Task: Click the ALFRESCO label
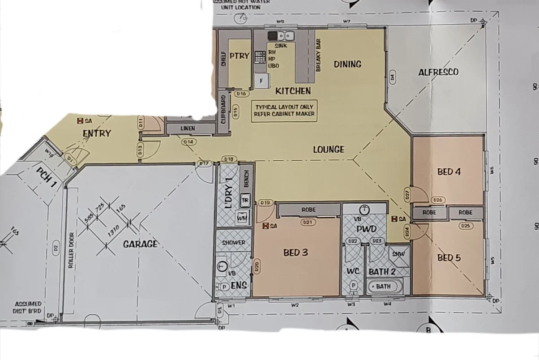point(438,72)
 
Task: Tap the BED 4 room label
point(449,171)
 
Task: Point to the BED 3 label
point(295,253)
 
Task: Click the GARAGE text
point(140,244)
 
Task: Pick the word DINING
point(347,64)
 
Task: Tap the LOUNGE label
point(328,149)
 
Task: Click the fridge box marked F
point(261,81)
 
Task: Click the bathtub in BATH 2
point(384,286)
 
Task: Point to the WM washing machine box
point(242,218)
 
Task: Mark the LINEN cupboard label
point(188,129)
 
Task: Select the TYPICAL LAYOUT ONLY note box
point(284,111)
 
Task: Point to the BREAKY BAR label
point(319,56)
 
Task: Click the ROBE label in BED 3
point(308,210)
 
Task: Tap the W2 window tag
point(295,305)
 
